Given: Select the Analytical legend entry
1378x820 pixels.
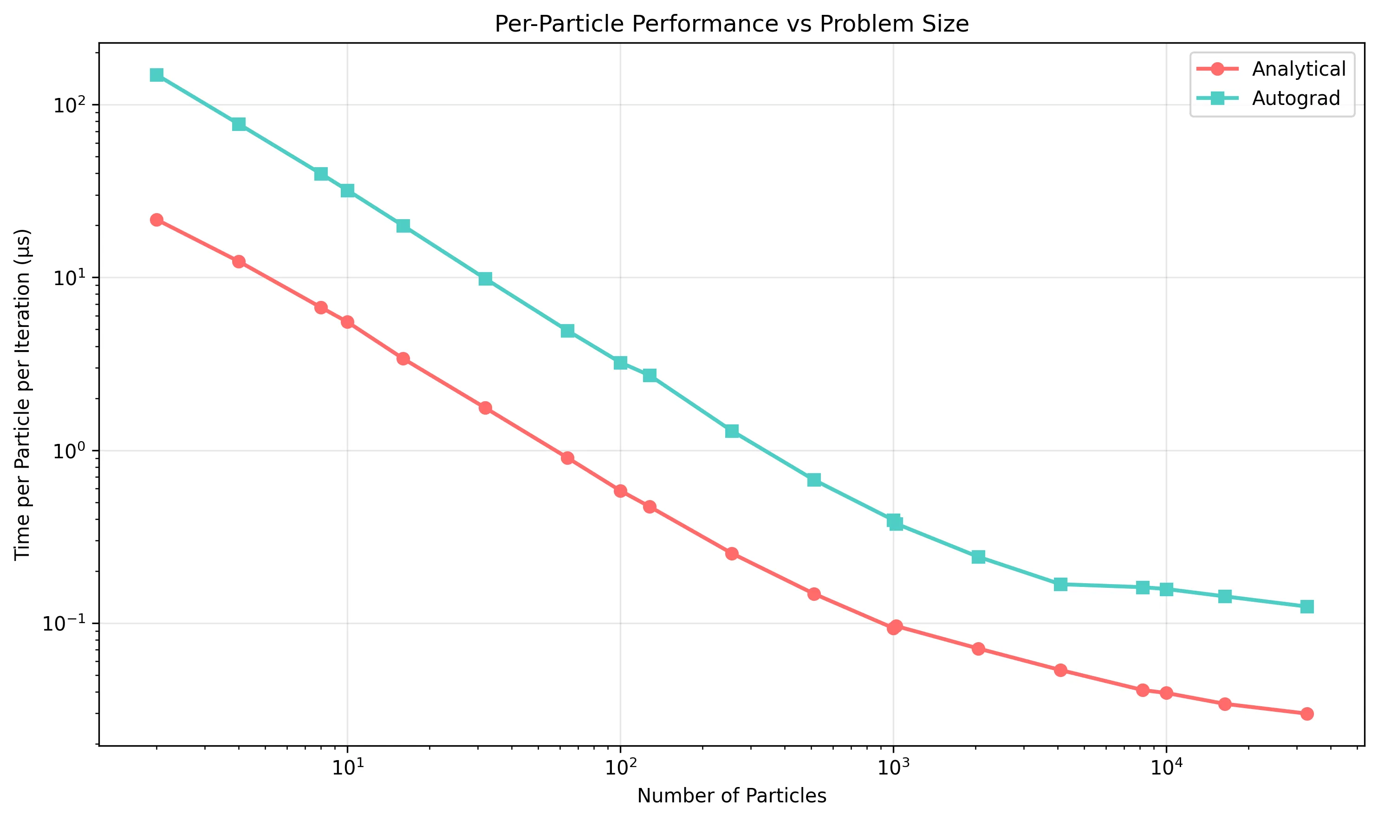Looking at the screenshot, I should click(1298, 69).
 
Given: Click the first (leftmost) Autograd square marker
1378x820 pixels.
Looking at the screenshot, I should click(156, 75).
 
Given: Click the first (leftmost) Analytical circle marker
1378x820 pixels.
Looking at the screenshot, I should click(156, 220).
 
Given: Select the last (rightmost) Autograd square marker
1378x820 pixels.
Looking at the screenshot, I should click(1306, 607).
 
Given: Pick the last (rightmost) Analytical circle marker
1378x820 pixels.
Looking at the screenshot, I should click(1306, 714).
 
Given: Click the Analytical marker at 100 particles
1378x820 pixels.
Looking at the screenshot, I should click(620, 491).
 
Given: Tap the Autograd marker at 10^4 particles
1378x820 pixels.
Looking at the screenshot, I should click(1166, 590).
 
